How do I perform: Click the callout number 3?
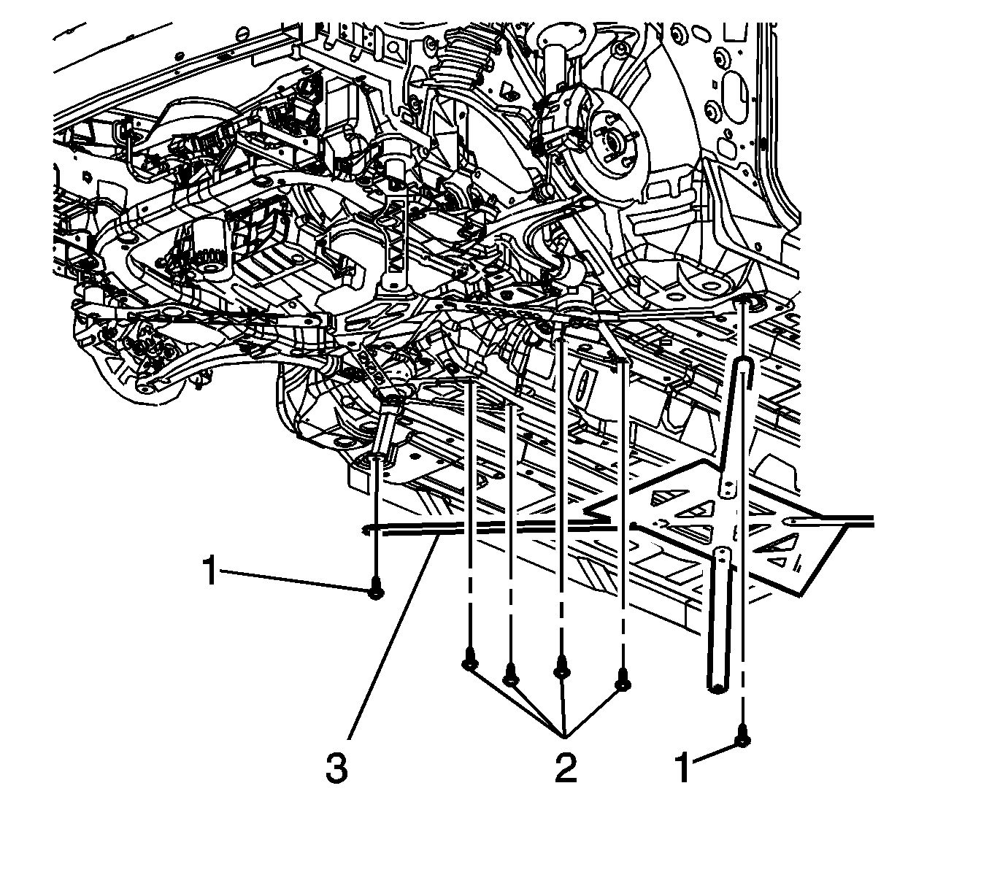coord(336,768)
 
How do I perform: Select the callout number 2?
coord(565,768)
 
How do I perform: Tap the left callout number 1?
coord(210,571)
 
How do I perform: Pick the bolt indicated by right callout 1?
coord(742,740)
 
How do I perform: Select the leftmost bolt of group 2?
coord(469,663)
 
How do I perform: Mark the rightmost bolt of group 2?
coord(623,682)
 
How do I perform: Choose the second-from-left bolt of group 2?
coord(510,679)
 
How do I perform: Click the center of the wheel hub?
coord(611,139)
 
